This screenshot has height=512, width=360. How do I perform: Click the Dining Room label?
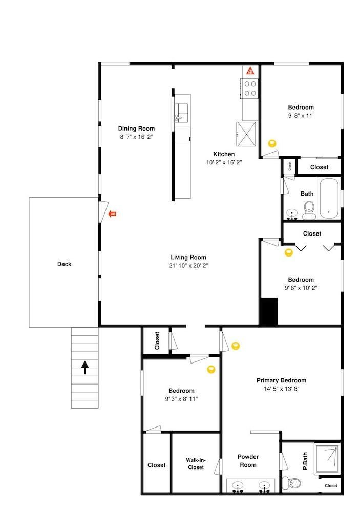[x=136, y=129]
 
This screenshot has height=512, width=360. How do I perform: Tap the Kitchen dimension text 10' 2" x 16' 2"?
[x=224, y=162]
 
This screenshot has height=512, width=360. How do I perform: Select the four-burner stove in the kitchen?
[x=250, y=88]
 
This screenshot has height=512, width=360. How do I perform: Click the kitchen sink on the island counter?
[x=182, y=111]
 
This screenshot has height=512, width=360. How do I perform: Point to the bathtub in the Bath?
[x=327, y=199]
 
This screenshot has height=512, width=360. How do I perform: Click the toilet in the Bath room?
[x=308, y=209]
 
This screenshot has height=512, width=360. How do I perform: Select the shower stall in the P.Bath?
[x=327, y=458]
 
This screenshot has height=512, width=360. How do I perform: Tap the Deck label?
[x=64, y=264]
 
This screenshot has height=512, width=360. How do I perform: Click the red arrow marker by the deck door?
[x=113, y=214]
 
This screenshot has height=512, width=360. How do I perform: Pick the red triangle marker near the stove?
[x=250, y=71]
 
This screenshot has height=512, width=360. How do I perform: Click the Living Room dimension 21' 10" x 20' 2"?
[x=188, y=266]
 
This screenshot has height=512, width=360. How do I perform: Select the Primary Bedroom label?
[x=281, y=380]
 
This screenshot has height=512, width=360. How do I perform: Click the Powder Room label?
[x=248, y=461]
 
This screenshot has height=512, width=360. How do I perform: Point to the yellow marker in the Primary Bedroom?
[x=236, y=346]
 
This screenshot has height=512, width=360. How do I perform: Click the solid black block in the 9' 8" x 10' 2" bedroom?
[x=268, y=312]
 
